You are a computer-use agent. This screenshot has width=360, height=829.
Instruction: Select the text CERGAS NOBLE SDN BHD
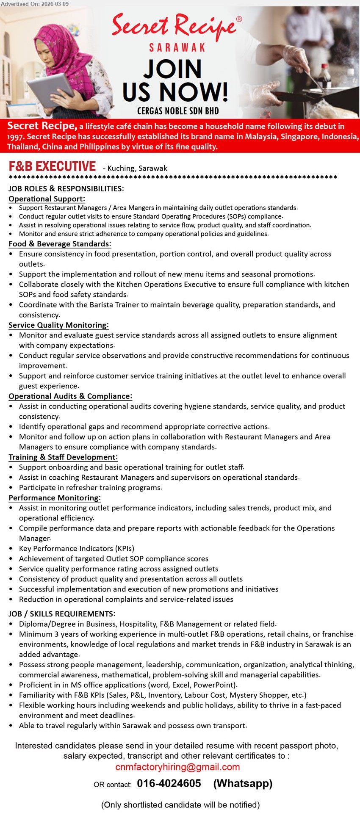[x=178, y=111]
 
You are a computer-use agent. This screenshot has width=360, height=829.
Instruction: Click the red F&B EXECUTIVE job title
[x=53, y=166]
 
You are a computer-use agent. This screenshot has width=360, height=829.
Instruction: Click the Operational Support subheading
[x=47, y=199]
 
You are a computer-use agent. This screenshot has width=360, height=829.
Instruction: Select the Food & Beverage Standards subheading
[x=60, y=244]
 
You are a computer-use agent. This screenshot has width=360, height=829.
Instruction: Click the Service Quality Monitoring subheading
[x=58, y=325]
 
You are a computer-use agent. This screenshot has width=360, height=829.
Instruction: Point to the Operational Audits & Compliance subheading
[x=70, y=396]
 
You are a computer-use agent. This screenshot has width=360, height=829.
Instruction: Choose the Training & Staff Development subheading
[x=63, y=457]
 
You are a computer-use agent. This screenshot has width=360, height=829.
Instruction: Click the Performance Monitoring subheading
[x=55, y=498]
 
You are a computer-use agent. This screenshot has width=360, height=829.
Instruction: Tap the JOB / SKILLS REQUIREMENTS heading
[x=62, y=614]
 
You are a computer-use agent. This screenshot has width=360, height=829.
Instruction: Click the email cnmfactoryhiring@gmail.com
[x=177, y=767]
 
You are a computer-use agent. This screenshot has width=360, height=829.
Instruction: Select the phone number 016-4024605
[x=169, y=783]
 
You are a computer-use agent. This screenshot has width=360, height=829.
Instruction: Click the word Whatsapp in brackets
[x=243, y=784]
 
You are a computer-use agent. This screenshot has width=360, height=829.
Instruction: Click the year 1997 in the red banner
[x=16, y=137]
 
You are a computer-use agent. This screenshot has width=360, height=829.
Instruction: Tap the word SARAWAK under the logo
[x=177, y=47]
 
